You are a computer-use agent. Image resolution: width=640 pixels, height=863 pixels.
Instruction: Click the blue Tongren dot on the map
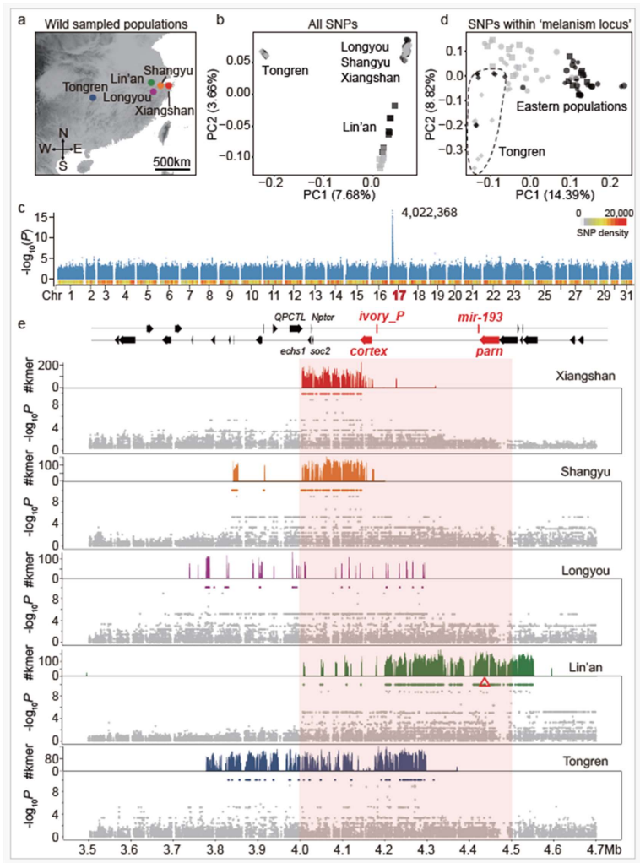(94, 98)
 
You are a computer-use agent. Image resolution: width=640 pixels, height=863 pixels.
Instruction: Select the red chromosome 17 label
(399, 297)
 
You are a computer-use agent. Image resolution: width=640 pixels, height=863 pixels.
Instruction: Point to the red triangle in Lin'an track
(484, 681)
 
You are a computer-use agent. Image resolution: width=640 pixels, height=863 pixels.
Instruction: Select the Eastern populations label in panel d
(570, 107)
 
